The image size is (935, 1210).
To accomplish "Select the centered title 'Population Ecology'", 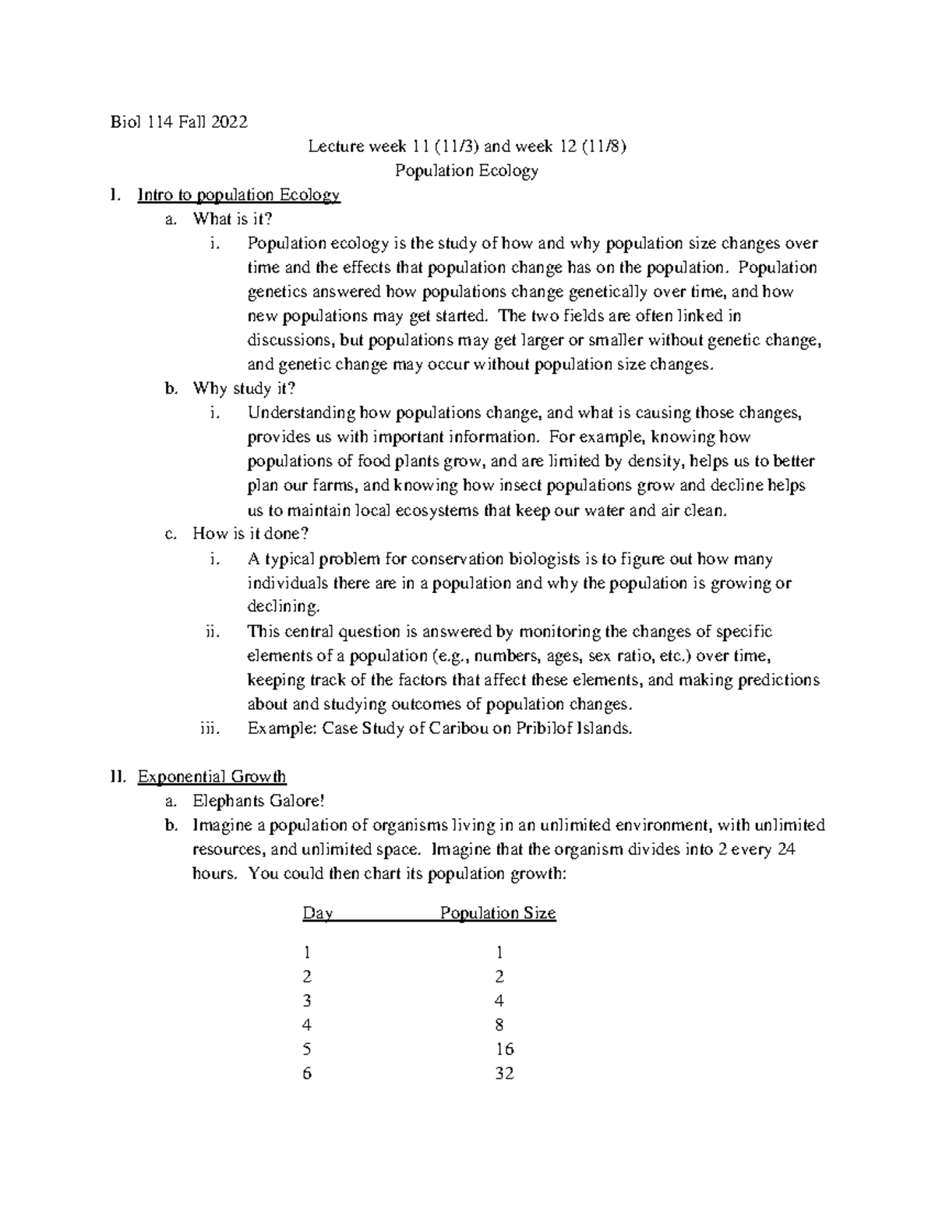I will coord(467,171).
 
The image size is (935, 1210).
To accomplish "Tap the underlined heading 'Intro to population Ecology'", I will coord(238,195).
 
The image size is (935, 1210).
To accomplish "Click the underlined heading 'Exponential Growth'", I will coord(211,777).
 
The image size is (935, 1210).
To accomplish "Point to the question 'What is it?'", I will coord(233,219).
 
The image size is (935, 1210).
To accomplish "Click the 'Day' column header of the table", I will coord(317,913).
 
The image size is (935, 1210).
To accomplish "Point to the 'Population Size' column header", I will coord(498,913).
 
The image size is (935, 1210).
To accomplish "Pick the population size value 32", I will coord(504,1074).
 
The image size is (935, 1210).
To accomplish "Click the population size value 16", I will coord(504,1049).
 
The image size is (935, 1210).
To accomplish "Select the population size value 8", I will coord(499,1025).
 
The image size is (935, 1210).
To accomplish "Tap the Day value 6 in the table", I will coord(307,1074).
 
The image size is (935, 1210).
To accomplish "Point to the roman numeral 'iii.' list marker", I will coord(210,728).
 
